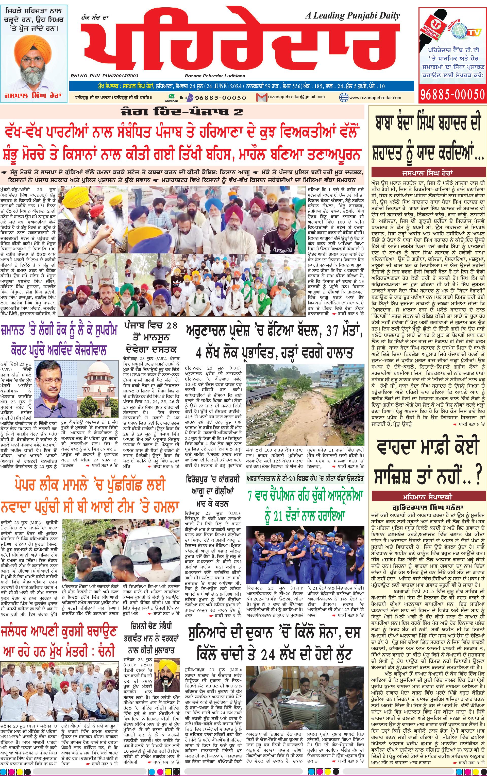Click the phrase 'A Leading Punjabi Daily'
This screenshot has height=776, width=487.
click(x=352, y=15)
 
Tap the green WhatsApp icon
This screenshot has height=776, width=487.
click(x=171, y=96)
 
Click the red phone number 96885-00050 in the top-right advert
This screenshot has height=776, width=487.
click(x=452, y=94)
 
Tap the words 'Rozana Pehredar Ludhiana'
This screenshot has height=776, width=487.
click(x=215, y=76)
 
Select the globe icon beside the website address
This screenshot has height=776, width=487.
click(x=344, y=97)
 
